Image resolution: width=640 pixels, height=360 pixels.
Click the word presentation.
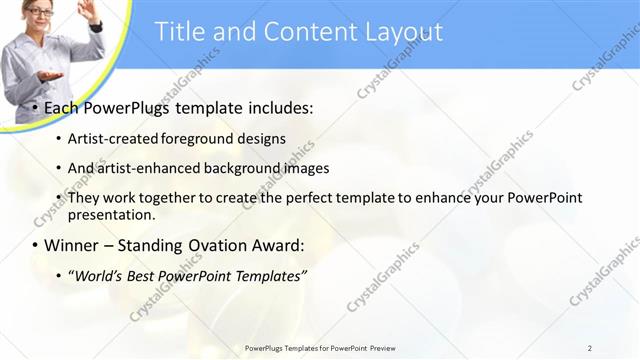click(111, 214)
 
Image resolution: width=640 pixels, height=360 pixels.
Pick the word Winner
click(72, 245)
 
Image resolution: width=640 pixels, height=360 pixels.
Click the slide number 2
click(589, 348)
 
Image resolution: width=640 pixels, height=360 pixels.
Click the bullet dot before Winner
click(34, 245)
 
